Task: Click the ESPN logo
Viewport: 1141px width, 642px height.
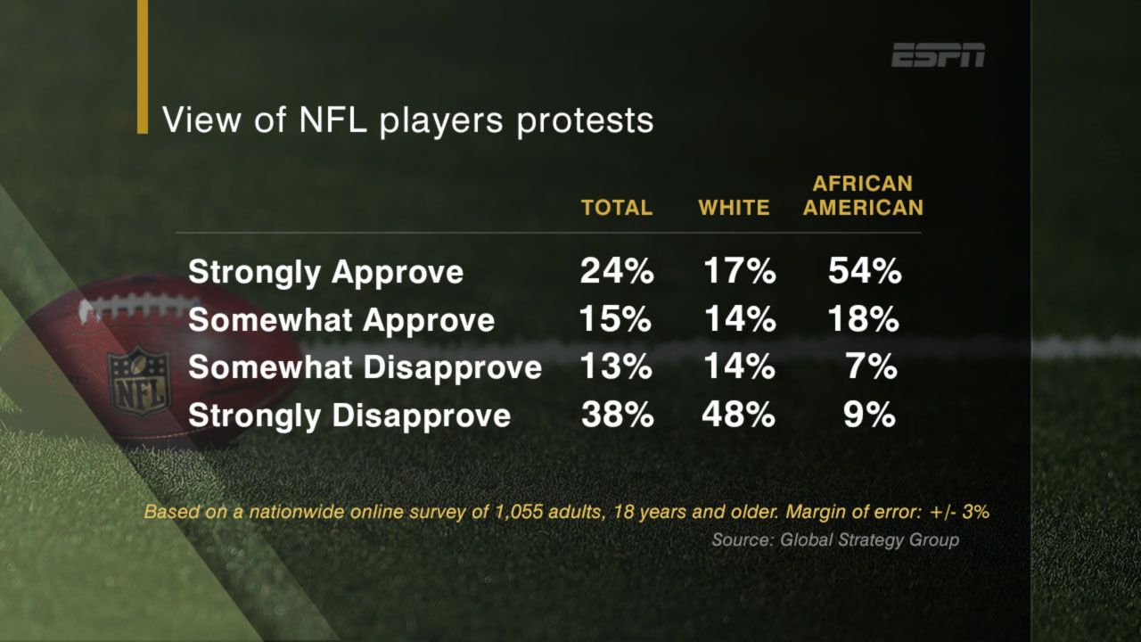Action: point(939,55)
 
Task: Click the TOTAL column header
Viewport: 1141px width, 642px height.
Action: point(617,208)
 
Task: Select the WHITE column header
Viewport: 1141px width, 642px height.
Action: point(734,208)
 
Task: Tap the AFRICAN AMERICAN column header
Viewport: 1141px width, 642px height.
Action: point(863,196)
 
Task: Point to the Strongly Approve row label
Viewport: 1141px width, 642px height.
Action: point(325,272)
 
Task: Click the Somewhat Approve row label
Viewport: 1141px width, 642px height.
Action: point(341,320)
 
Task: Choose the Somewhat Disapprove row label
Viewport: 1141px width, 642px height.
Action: point(365,367)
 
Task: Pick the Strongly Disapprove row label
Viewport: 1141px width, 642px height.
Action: point(349,415)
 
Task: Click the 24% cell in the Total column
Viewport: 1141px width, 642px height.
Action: point(617,272)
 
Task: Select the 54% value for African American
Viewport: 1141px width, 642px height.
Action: point(865,272)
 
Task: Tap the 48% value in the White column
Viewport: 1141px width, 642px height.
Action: point(738,415)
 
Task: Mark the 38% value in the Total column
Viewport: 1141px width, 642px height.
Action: point(617,415)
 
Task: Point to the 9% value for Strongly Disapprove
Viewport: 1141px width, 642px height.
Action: point(870,415)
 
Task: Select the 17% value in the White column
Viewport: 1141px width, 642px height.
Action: point(738,272)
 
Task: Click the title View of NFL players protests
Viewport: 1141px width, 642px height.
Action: point(407,119)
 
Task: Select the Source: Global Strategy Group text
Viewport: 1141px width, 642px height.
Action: point(835,540)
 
